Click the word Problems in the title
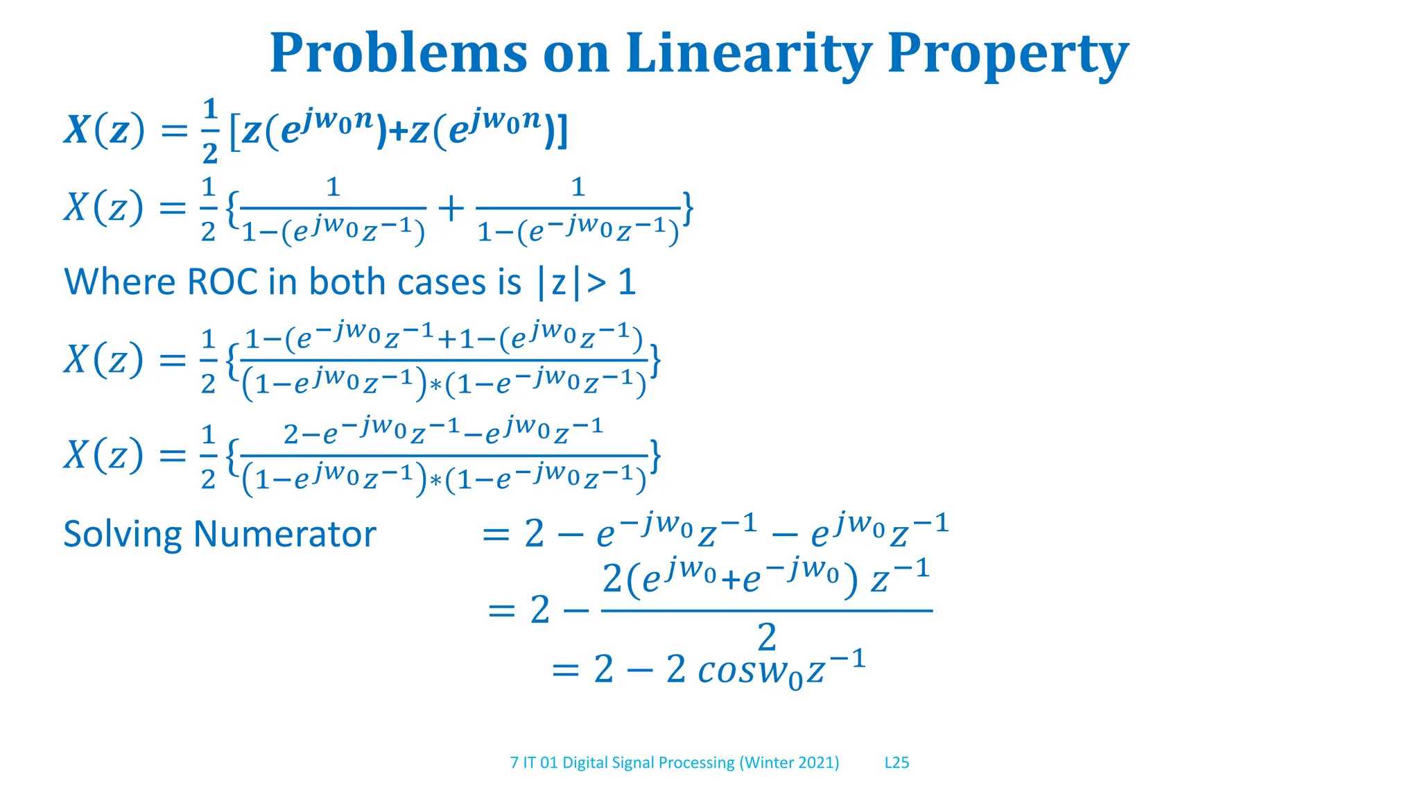click(x=398, y=53)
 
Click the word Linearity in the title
click(x=748, y=53)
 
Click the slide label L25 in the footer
click(x=897, y=763)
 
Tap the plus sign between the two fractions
click(x=451, y=208)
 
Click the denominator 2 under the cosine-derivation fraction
click(x=766, y=637)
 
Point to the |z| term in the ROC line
click(x=559, y=283)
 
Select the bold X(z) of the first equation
click(x=105, y=130)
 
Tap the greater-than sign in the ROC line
click(x=596, y=283)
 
